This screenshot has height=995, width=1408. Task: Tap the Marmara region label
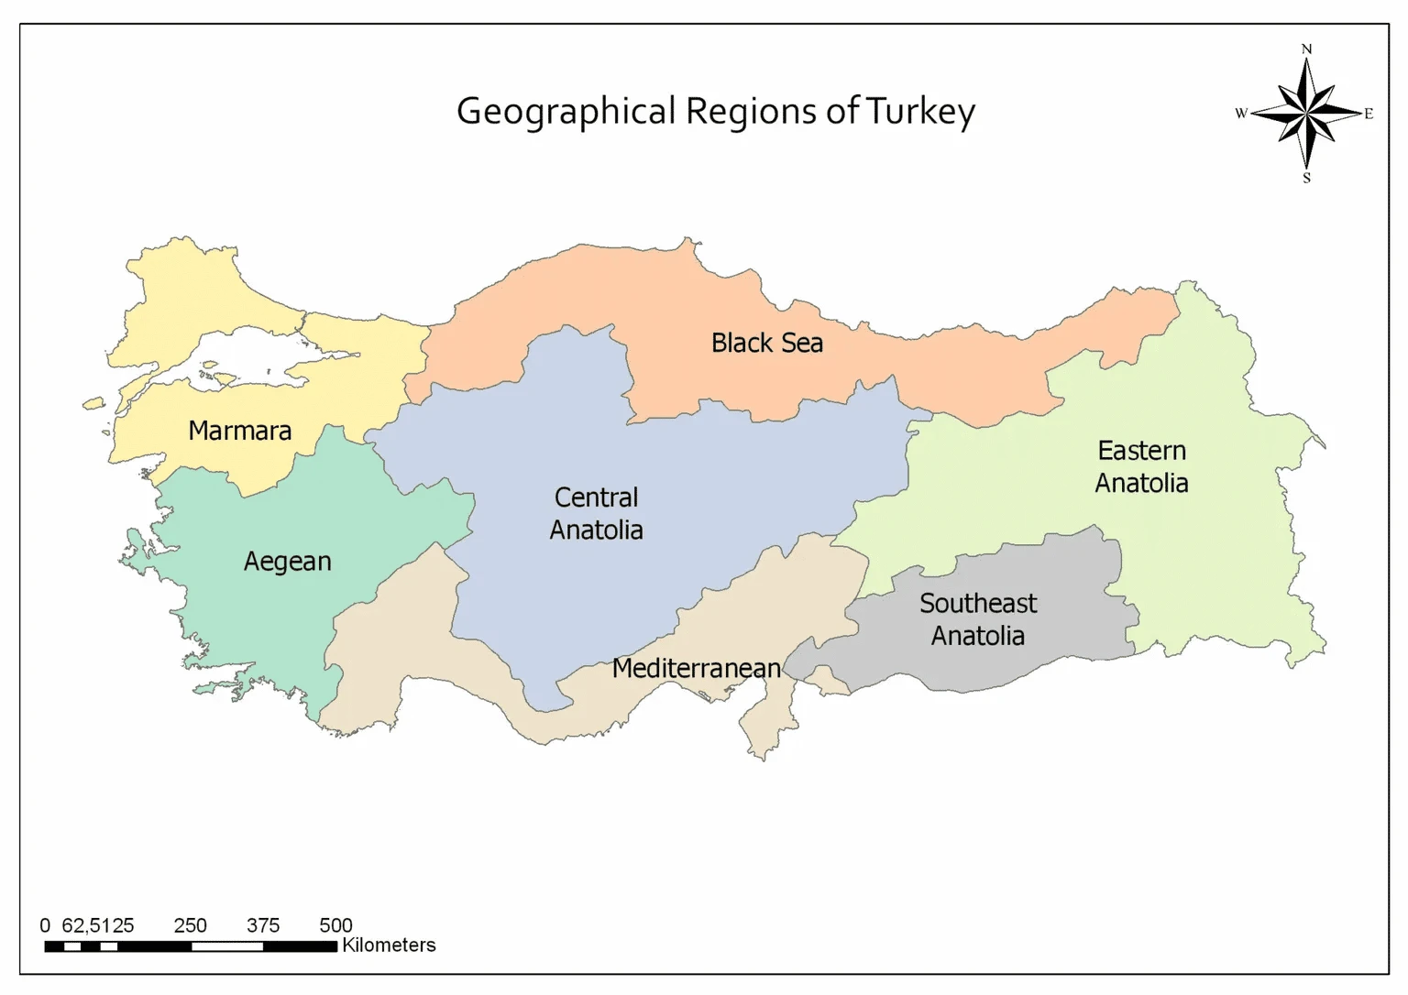click(239, 431)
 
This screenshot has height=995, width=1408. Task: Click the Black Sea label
click(766, 343)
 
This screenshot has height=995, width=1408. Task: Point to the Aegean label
click(287, 562)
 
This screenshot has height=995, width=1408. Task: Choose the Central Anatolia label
click(596, 513)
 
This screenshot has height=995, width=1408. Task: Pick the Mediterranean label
click(696, 668)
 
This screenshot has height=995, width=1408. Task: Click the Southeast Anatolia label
click(977, 619)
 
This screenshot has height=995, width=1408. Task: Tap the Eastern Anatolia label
click(1141, 466)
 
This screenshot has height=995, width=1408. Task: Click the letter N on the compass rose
click(1306, 49)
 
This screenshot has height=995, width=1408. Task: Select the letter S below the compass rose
click(1306, 179)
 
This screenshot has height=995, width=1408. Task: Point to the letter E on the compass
click(1369, 114)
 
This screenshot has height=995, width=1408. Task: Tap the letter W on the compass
click(1241, 114)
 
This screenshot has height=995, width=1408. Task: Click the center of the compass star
click(1306, 114)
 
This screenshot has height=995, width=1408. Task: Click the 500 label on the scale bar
click(335, 925)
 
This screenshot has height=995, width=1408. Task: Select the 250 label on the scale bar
click(191, 925)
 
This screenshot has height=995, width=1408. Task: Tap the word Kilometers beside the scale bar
click(389, 946)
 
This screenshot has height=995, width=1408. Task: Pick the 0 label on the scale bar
click(45, 925)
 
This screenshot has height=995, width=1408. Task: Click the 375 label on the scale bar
click(263, 925)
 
